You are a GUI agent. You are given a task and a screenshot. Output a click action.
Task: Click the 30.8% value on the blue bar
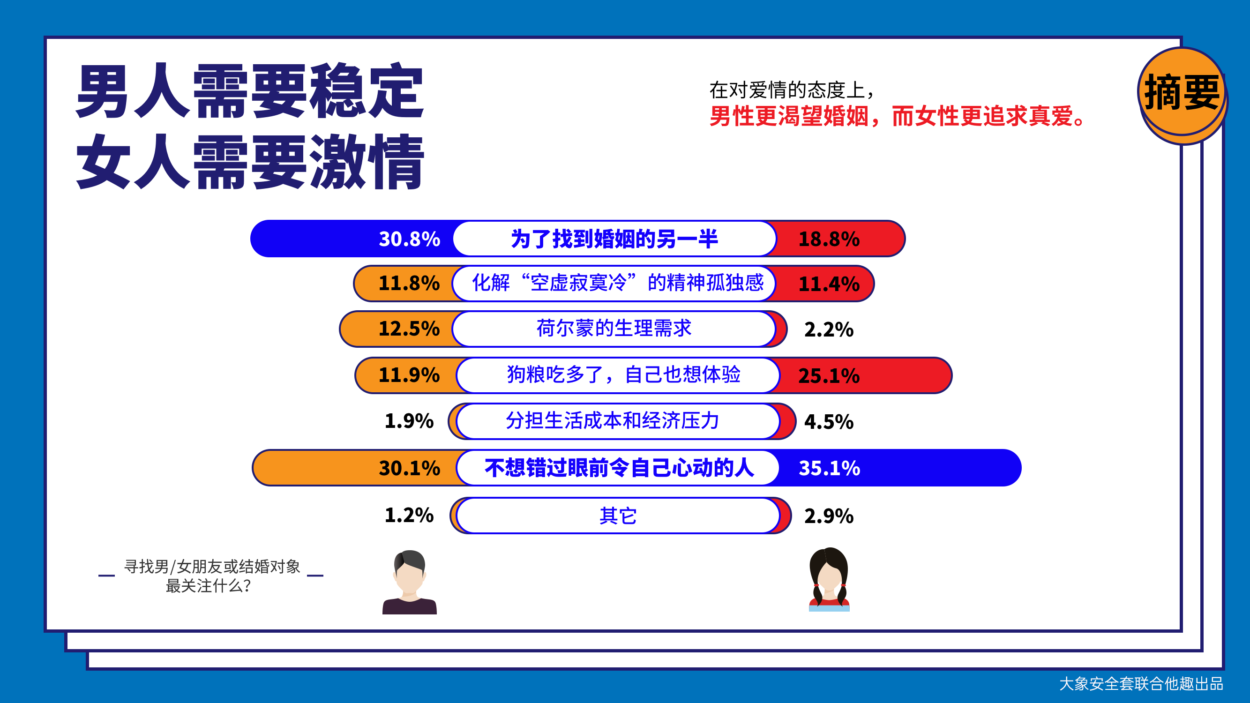(409, 239)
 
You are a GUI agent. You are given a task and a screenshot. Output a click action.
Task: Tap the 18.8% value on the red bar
(829, 239)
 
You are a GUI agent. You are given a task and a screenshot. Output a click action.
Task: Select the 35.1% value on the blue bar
(829, 468)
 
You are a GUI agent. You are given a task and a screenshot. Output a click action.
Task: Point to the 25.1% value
(829, 376)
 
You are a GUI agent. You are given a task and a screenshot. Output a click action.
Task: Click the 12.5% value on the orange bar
(409, 329)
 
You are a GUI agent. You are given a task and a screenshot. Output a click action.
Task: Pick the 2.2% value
(829, 329)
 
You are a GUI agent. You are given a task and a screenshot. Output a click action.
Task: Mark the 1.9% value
(409, 421)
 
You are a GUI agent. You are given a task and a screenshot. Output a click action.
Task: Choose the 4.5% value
(829, 422)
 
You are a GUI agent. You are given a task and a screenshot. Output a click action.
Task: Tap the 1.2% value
(409, 515)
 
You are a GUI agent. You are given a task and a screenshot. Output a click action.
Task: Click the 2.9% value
(829, 516)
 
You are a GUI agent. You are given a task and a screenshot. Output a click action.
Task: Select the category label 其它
(618, 515)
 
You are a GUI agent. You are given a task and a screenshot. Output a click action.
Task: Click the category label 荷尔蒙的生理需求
(614, 329)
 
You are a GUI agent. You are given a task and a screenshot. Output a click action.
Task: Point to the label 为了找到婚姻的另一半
(614, 239)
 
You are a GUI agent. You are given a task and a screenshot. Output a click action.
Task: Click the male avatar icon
(410, 582)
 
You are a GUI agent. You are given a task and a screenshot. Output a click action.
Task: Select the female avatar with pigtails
(829, 579)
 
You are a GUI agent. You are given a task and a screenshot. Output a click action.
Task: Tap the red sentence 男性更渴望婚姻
(788, 116)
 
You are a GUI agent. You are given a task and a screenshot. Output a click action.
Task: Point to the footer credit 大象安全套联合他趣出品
(1141, 684)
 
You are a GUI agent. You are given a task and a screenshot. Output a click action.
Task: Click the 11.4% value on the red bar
(829, 284)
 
